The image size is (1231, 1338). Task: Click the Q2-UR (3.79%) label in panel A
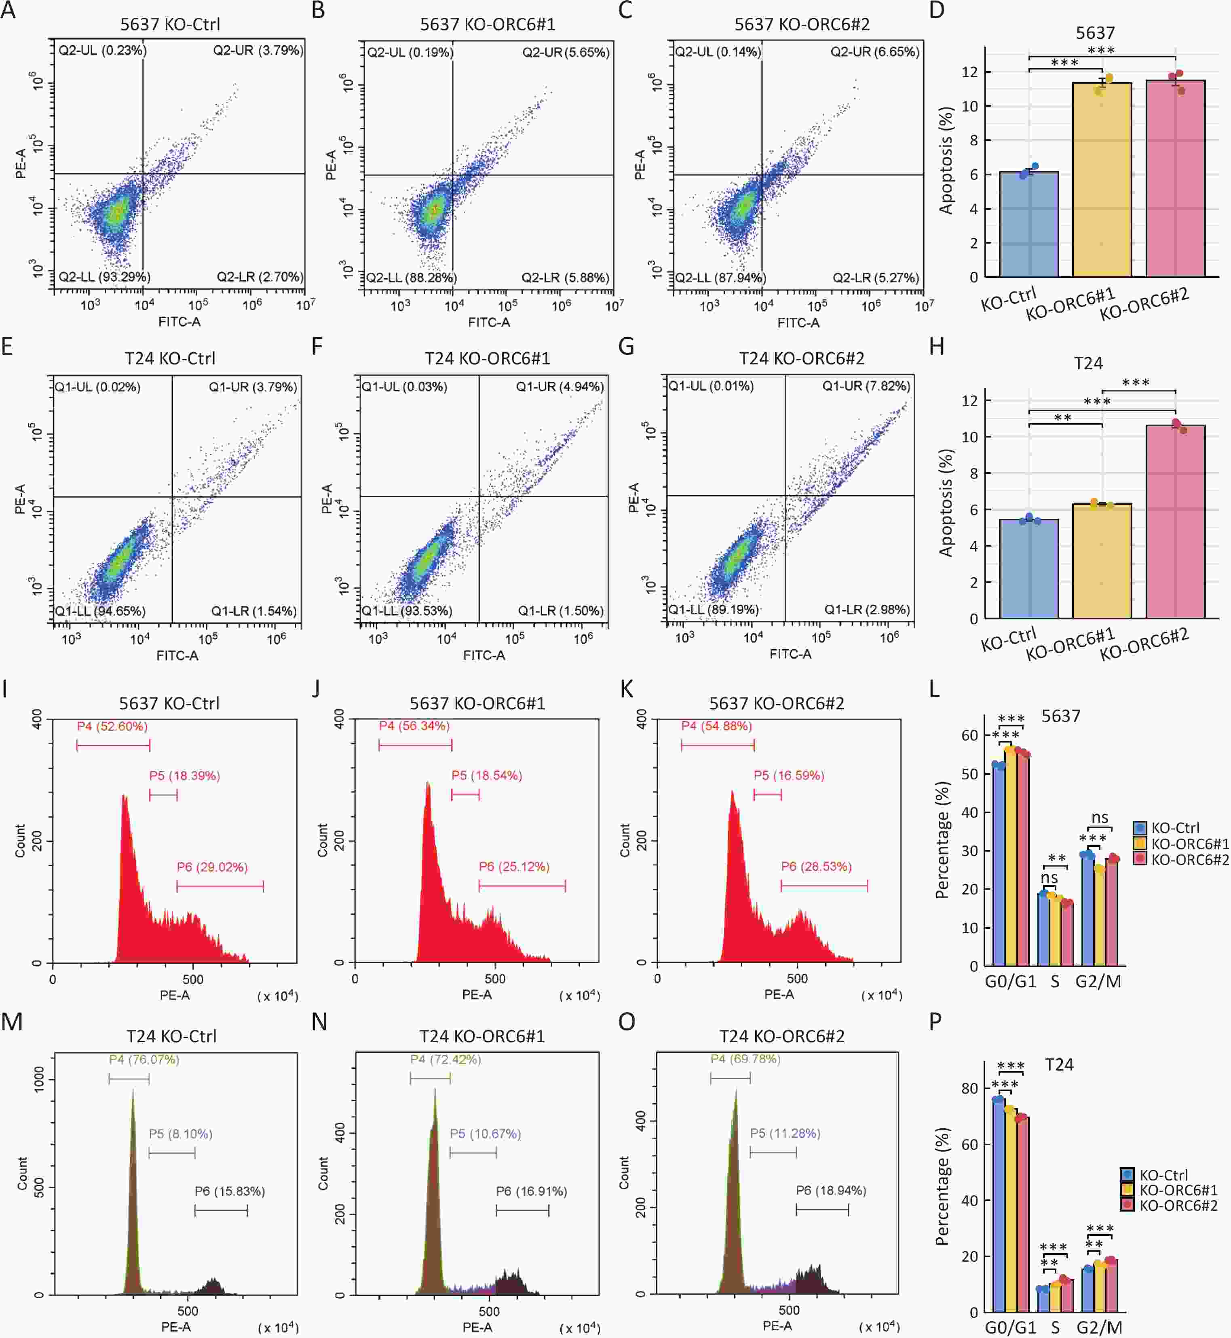(x=258, y=50)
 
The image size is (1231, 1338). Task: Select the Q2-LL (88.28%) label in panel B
(x=411, y=278)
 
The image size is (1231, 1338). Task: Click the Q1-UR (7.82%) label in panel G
(x=866, y=386)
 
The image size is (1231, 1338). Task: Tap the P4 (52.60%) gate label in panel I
(x=112, y=726)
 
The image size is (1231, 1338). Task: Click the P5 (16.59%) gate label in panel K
(x=789, y=776)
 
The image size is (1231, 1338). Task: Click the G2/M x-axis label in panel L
(x=1098, y=981)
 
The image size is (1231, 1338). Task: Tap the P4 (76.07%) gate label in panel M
(x=144, y=1059)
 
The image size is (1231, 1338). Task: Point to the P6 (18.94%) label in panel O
(x=831, y=1190)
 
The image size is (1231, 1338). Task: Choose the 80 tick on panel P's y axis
(x=970, y=1088)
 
